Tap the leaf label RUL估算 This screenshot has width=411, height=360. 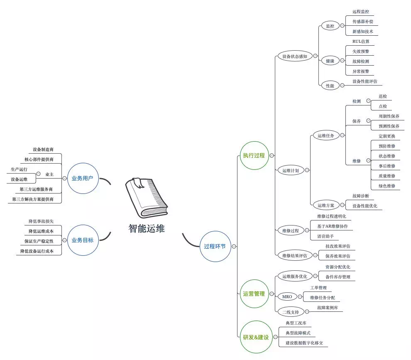click(x=361, y=42)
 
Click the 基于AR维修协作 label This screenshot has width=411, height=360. click(x=333, y=226)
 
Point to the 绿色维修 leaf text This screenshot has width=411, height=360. click(x=387, y=186)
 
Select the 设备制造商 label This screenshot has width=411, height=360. click(x=43, y=149)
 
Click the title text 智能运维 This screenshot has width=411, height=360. click(x=147, y=229)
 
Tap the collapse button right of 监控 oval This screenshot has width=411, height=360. click(x=342, y=26)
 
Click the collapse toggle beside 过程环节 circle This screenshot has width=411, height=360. click(x=234, y=246)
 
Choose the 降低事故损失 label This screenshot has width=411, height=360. click(x=41, y=221)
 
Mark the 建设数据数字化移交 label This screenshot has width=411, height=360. click(x=304, y=343)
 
